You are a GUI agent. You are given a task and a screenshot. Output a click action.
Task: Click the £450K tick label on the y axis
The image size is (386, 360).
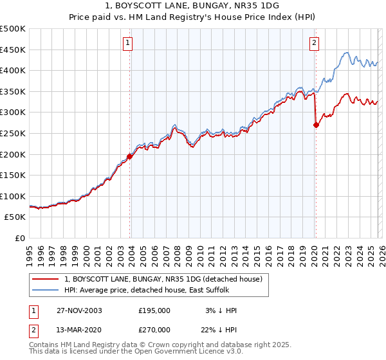(13, 50)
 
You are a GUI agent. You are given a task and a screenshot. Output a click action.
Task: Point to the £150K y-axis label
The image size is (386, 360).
(13, 175)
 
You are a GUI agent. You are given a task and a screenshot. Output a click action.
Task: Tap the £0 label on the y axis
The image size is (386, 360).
(19, 238)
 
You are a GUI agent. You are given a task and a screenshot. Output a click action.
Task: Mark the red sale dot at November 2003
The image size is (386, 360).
(130, 156)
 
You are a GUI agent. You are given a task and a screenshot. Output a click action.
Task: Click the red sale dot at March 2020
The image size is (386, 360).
(316, 125)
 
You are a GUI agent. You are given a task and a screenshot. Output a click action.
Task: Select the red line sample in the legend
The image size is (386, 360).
(46, 280)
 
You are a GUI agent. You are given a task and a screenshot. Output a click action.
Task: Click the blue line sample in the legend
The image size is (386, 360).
(46, 291)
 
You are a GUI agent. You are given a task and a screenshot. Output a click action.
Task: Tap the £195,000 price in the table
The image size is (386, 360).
(154, 310)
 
